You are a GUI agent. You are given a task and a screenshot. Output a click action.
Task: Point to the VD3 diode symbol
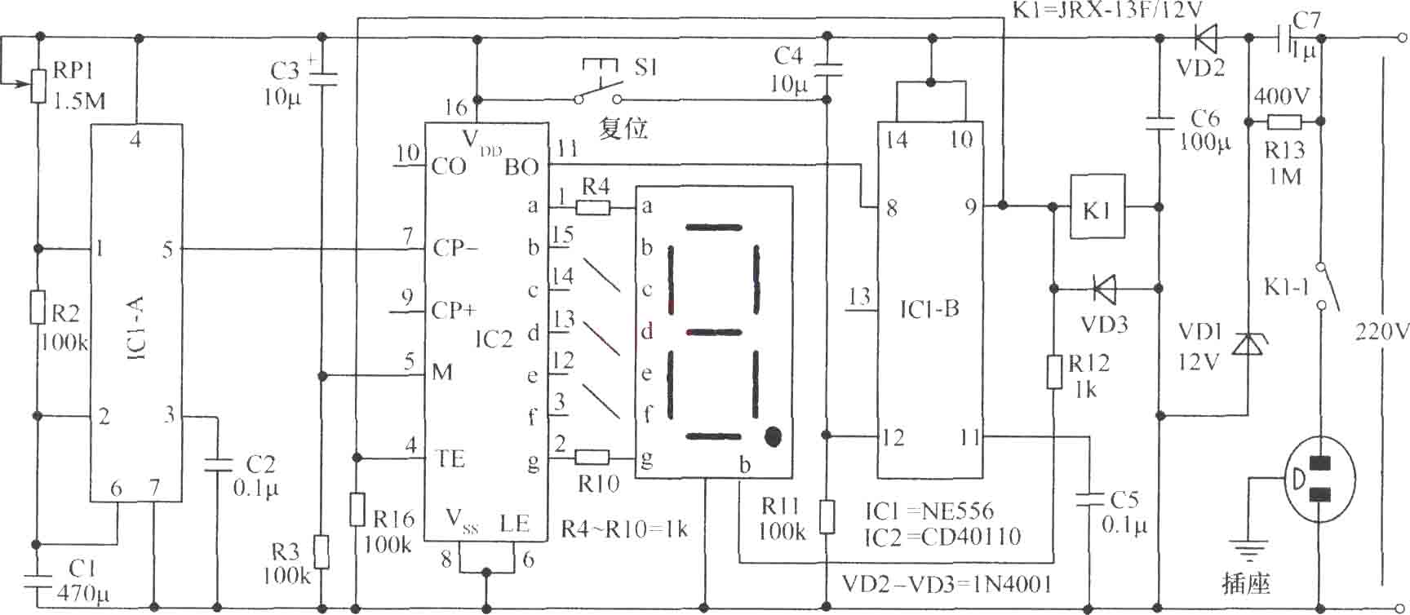1104,288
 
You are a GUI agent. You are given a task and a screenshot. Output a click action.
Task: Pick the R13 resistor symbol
1284,122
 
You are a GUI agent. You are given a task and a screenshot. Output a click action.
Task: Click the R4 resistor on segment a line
593,206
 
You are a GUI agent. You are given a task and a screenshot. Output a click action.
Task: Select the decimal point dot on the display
774,436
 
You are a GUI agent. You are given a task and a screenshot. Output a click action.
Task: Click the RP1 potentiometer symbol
38,86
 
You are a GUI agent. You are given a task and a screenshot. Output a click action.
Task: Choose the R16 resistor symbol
357,509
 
